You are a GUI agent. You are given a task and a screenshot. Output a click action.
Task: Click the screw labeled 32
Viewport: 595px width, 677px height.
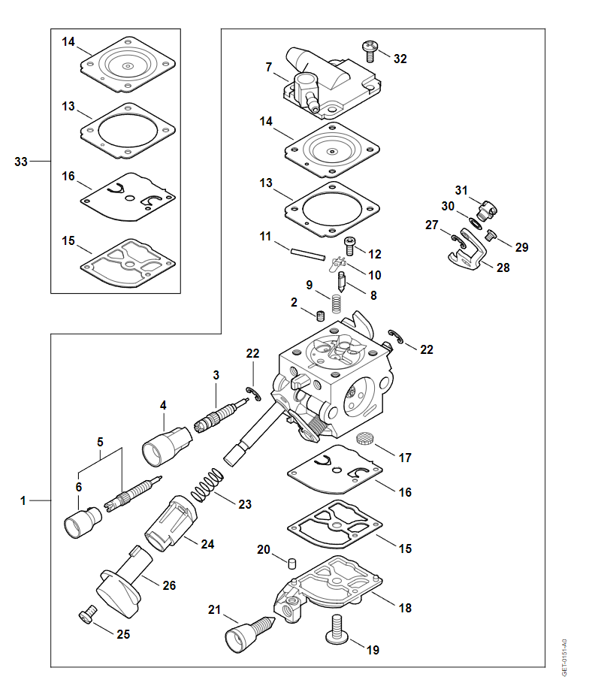coord(370,51)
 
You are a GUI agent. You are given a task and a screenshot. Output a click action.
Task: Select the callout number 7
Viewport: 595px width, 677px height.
coord(269,67)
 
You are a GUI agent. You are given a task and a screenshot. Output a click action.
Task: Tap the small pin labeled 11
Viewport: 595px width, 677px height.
coord(307,254)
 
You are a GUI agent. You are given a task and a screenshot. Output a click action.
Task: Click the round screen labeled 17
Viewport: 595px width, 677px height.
coord(364,439)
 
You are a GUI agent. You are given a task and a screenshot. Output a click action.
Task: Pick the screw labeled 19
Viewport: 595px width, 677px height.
coord(337,630)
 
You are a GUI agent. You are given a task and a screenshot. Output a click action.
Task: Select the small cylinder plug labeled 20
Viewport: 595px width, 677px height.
coord(292,564)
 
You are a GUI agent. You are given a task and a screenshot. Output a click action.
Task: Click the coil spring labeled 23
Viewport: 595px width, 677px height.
coord(207,485)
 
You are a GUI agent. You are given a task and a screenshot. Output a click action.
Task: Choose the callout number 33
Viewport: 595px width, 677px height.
coord(21,162)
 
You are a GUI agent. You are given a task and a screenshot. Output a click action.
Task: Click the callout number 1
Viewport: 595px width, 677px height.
coord(23,501)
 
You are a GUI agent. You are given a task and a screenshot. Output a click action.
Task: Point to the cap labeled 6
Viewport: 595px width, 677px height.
coord(83,522)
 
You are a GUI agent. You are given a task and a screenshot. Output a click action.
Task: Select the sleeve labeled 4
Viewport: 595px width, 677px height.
coord(167,446)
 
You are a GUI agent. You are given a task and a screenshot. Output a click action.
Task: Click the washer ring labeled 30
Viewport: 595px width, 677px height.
coord(476,225)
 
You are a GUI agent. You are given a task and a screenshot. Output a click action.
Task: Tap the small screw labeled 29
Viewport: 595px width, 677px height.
coord(491,235)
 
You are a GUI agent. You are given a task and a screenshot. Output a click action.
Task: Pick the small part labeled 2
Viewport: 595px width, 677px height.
coord(320,316)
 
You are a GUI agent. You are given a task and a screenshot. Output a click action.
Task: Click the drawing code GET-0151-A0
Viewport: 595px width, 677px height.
coord(564,657)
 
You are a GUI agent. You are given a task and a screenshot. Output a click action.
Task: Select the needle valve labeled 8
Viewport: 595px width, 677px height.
coord(341,282)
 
